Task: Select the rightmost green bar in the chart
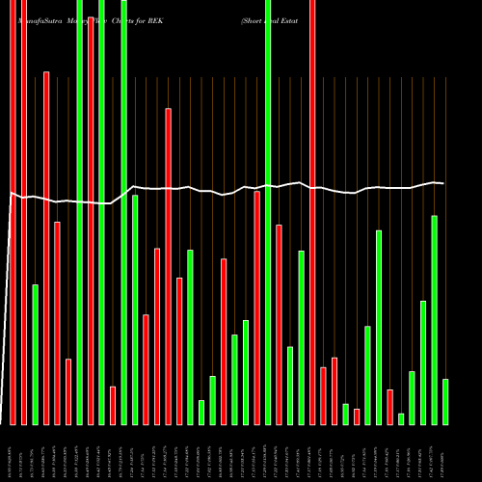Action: point(445,402)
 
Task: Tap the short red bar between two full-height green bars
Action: point(113,405)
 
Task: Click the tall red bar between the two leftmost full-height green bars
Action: point(91,222)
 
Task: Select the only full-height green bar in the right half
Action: point(268,212)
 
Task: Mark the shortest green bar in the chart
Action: point(401,418)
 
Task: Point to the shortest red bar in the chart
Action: point(357,416)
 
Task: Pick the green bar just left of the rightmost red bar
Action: point(379,328)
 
